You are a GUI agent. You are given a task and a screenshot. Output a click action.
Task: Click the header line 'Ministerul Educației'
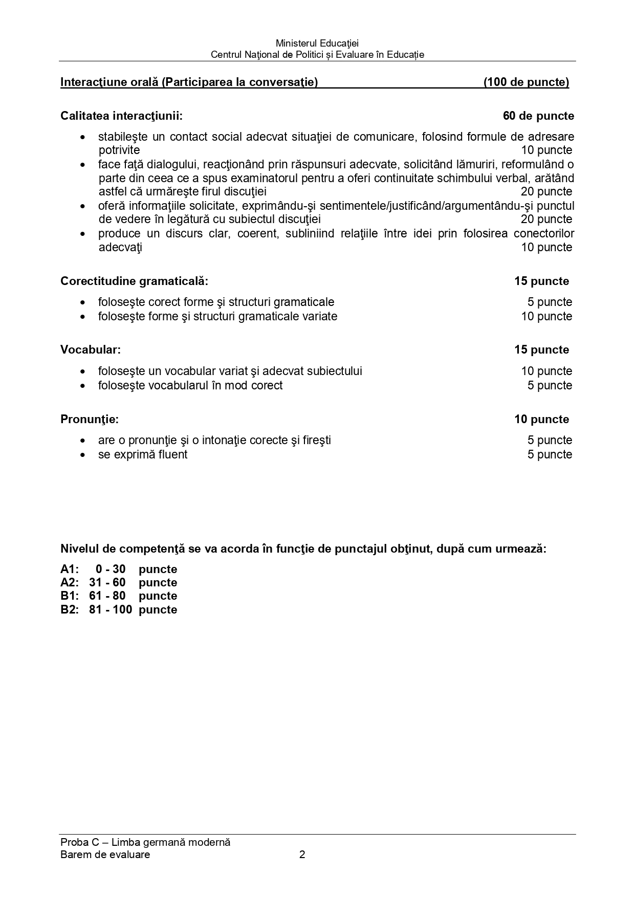317,43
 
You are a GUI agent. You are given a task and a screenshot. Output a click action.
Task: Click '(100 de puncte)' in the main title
526,82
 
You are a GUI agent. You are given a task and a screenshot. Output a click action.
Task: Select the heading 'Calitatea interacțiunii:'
121,116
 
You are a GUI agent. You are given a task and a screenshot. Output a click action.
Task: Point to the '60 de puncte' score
538,116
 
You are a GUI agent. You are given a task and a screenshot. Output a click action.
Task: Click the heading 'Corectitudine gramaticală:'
134,281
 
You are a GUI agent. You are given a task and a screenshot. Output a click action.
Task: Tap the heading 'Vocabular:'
91,350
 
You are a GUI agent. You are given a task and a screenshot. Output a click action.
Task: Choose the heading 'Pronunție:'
90,420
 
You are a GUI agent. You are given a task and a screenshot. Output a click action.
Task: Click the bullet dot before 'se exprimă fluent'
82,455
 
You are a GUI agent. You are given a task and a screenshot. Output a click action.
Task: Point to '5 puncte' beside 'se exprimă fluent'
550,455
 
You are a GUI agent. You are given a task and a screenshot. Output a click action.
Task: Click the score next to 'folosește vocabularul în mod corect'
550,386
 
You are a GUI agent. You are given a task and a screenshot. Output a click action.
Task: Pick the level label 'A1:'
69,570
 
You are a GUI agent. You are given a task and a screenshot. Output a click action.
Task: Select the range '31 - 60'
107,583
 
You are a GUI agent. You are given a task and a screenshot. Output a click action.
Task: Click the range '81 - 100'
110,610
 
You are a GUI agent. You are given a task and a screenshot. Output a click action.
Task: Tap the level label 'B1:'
69,596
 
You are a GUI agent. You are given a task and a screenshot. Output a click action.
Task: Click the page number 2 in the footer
302,855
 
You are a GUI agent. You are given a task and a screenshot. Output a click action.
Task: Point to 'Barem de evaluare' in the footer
105,855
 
